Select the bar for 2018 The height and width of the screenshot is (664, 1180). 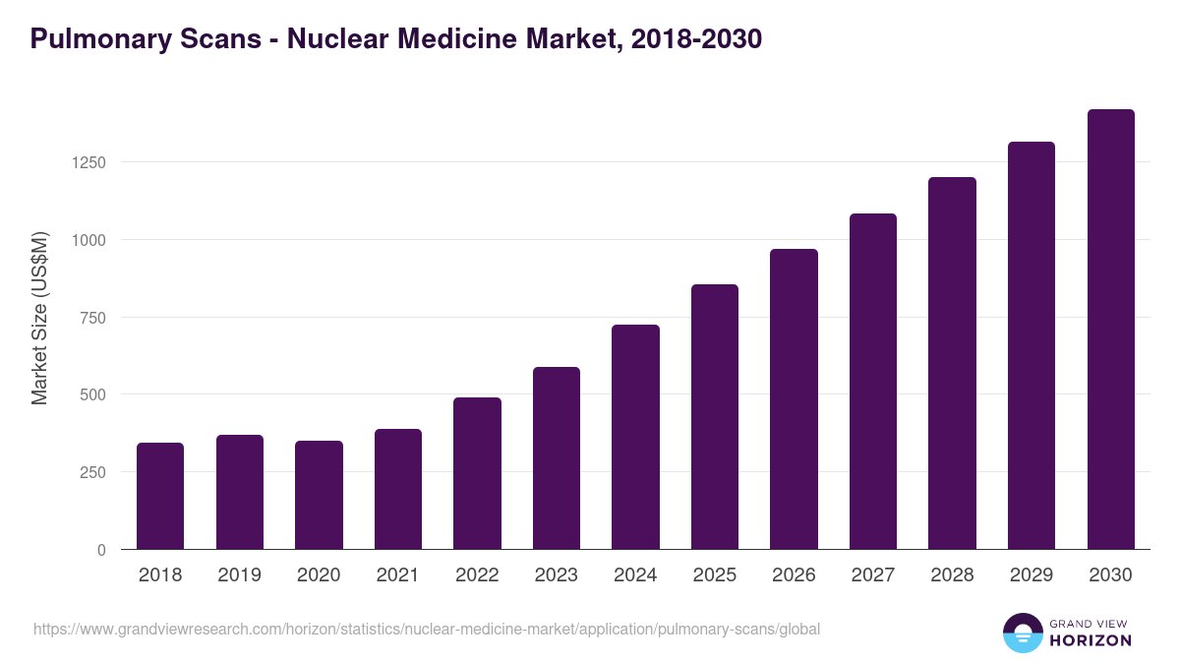(x=160, y=496)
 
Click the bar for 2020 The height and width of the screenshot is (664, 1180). (x=319, y=495)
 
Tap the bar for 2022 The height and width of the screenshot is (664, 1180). (x=477, y=473)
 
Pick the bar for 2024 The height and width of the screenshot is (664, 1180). (x=635, y=437)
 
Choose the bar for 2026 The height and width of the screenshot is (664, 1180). (x=794, y=399)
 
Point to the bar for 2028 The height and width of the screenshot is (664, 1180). (x=952, y=363)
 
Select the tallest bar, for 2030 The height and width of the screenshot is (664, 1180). (x=1110, y=330)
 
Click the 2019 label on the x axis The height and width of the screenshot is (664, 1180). (x=239, y=575)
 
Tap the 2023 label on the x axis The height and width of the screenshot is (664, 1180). (x=556, y=575)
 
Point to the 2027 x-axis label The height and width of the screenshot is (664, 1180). (x=872, y=575)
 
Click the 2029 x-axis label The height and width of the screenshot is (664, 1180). (x=1031, y=575)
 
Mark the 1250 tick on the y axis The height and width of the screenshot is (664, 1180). (x=88, y=162)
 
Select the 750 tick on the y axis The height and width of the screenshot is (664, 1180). (x=92, y=318)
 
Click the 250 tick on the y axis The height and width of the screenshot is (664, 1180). (x=92, y=472)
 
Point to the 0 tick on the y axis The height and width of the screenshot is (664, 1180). (x=101, y=550)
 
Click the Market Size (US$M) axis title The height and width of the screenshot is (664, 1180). (x=39, y=318)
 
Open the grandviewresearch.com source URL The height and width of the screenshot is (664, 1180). (x=426, y=629)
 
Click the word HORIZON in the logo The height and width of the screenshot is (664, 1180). (x=1089, y=640)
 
